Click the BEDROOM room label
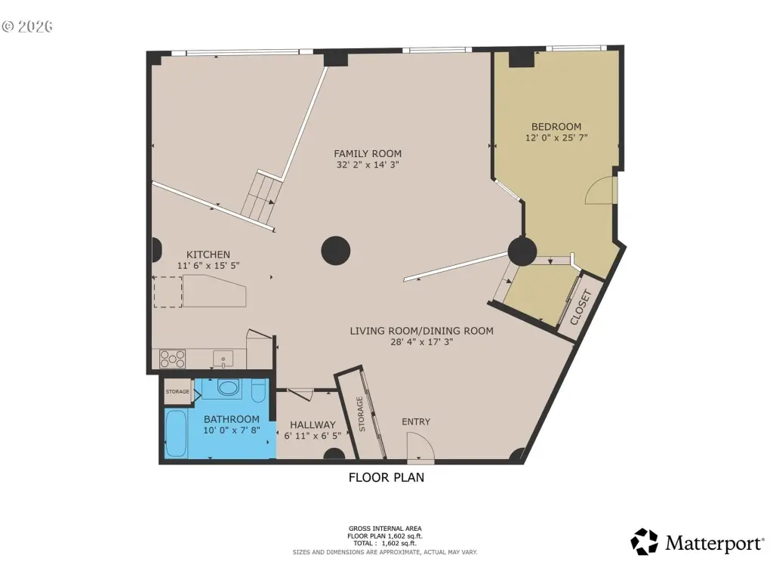point(556,127)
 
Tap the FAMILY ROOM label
point(368,154)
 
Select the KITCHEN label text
point(208,255)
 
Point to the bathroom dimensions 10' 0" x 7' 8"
point(231,430)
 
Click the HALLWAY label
point(313,424)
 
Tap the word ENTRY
point(416,421)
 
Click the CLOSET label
point(581,308)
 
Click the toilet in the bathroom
point(259,390)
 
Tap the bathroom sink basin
point(227,387)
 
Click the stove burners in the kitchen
point(173,359)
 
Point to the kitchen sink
point(223,359)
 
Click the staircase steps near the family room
point(261,197)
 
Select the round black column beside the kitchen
point(336,251)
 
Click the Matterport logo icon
point(645,541)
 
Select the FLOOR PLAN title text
point(386,477)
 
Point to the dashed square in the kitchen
point(168,292)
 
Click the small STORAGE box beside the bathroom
point(177,392)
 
